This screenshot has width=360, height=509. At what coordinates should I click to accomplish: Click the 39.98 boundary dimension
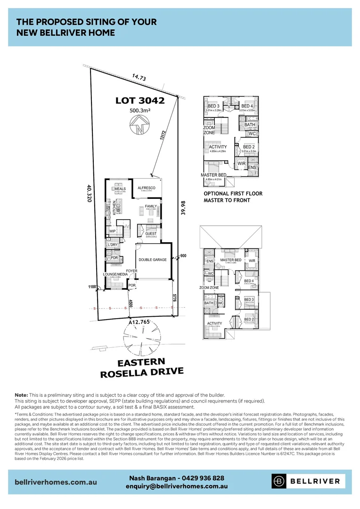[183, 208]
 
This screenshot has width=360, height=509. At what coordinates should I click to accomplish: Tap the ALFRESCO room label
[147, 188]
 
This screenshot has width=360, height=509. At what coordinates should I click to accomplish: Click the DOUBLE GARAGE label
[152, 260]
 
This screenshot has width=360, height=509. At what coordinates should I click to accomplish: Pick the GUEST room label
[151, 234]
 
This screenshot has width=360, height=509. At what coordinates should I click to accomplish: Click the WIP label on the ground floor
[112, 231]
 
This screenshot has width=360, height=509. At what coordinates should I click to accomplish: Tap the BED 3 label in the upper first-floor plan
[213, 106]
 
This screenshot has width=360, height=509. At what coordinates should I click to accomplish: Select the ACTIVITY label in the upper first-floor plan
[218, 147]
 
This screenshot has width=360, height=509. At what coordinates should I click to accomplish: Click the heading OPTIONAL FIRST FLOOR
[233, 194]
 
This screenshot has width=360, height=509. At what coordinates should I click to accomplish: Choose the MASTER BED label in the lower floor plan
[230, 260]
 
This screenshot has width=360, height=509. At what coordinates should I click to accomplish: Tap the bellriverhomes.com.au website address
[56, 482]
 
